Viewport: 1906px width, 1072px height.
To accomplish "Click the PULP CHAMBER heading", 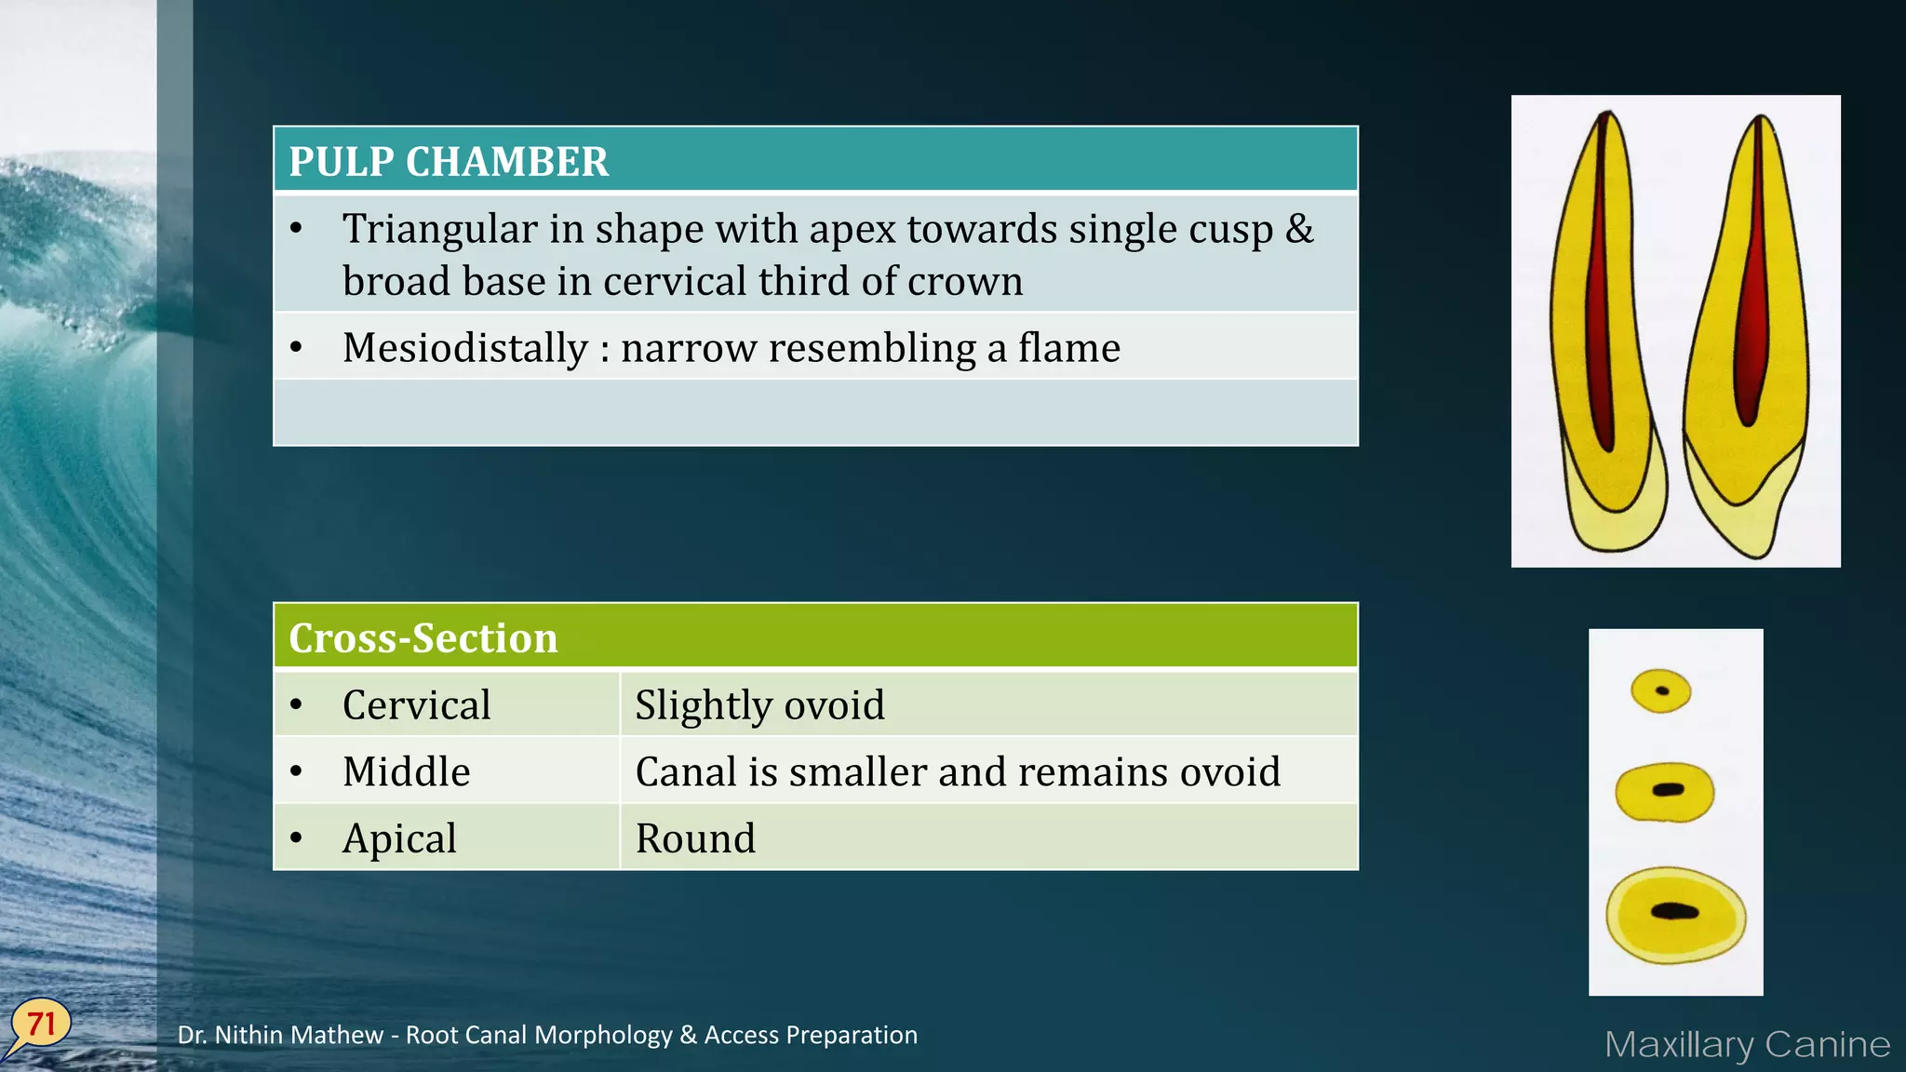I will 449,162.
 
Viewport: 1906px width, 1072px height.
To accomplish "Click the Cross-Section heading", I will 423,638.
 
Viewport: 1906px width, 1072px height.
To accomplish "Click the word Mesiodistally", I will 464,348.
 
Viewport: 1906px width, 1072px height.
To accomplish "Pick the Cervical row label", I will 416,705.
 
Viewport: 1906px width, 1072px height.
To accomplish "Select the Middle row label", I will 406,772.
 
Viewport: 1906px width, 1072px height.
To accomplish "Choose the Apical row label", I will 399,838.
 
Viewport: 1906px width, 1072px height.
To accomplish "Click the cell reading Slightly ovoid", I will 759,705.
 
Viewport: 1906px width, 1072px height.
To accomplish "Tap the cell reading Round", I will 695,838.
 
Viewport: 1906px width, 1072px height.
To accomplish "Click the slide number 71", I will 41,1025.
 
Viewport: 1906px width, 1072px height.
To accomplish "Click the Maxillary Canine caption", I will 1747,1044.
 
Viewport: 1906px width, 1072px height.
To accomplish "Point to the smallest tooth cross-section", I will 1661,691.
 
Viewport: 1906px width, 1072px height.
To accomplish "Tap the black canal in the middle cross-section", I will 1668,790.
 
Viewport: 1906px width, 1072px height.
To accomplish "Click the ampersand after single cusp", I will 1299,229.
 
